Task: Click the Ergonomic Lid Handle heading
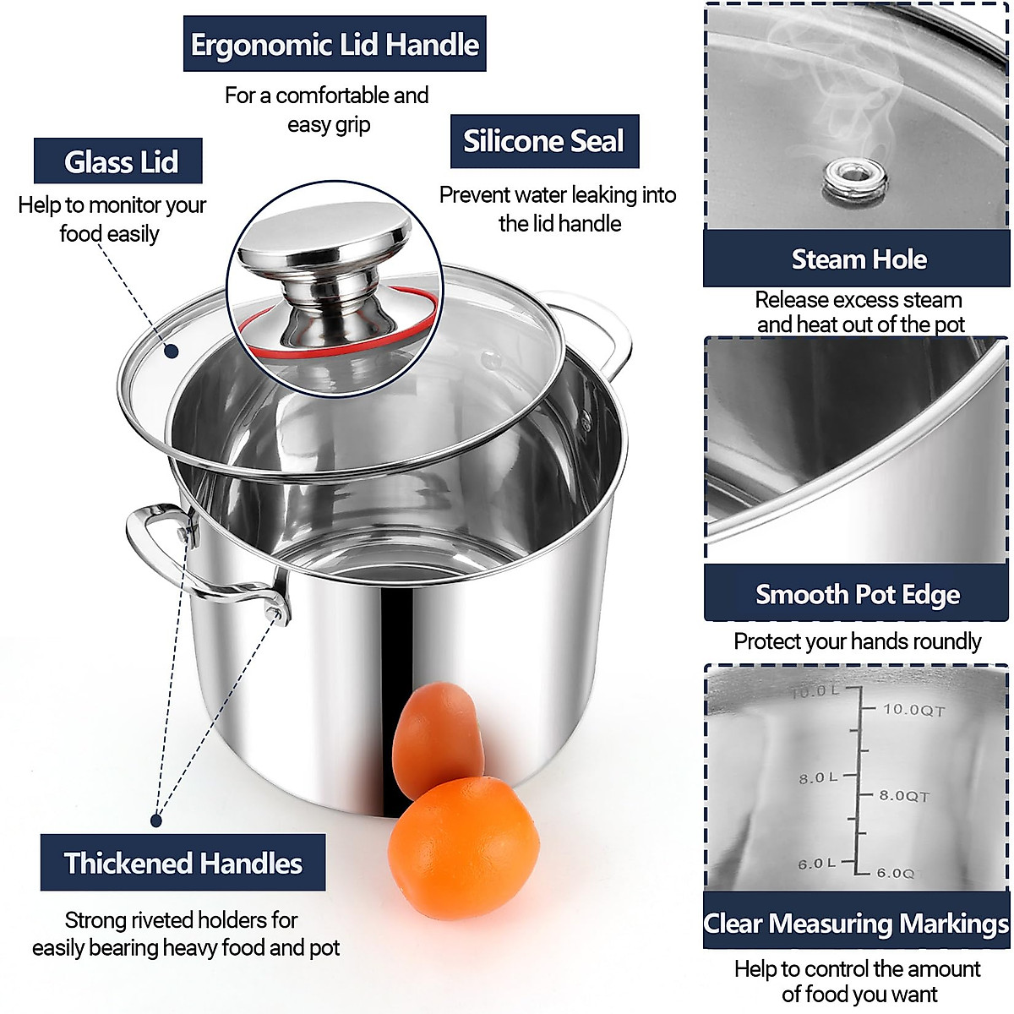[335, 44]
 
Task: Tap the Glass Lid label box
[118, 161]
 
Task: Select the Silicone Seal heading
[544, 141]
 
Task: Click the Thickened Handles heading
[183, 863]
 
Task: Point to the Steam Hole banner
[857, 259]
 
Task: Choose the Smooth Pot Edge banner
[857, 594]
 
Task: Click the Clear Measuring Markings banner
[857, 923]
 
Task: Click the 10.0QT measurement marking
[913, 710]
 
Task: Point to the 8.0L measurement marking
[817, 777]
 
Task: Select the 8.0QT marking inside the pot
[903, 796]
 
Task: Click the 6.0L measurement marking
[816, 864]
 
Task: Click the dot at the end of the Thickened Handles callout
[156, 820]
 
